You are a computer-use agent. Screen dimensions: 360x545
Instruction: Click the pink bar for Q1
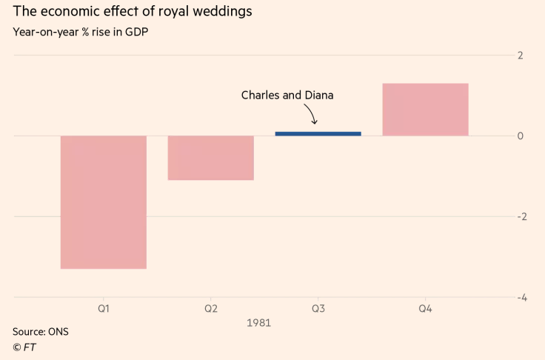[x=104, y=201]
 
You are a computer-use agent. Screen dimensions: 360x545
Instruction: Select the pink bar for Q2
[x=211, y=158]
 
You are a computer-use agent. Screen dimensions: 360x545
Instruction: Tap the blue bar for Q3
[x=318, y=133]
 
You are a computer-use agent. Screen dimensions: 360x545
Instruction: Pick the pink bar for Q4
[x=425, y=110]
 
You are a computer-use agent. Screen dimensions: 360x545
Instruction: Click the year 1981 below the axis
[x=258, y=323]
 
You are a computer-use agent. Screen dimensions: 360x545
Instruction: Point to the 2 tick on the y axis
[x=521, y=56]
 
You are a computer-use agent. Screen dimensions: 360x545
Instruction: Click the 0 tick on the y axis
[x=521, y=136]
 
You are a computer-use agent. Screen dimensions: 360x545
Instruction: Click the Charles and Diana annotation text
[x=287, y=95]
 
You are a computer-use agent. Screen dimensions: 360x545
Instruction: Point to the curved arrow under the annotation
[x=312, y=114]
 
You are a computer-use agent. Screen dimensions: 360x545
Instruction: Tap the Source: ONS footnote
[x=40, y=331]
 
